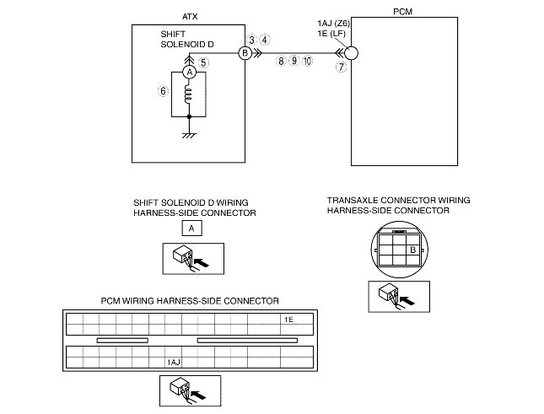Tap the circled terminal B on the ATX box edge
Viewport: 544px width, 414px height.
(245, 53)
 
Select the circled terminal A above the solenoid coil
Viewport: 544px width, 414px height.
(189, 73)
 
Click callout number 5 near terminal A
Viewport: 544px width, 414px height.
(203, 62)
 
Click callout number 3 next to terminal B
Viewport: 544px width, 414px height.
(251, 39)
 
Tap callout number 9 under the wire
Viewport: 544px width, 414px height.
(294, 62)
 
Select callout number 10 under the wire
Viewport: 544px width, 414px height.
(307, 62)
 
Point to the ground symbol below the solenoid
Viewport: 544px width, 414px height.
(189, 133)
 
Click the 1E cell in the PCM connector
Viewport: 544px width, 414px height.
(288, 320)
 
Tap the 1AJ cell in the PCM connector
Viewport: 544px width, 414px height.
(174, 361)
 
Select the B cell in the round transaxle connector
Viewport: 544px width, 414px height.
(412, 250)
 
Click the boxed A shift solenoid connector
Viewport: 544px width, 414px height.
(192, 228)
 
